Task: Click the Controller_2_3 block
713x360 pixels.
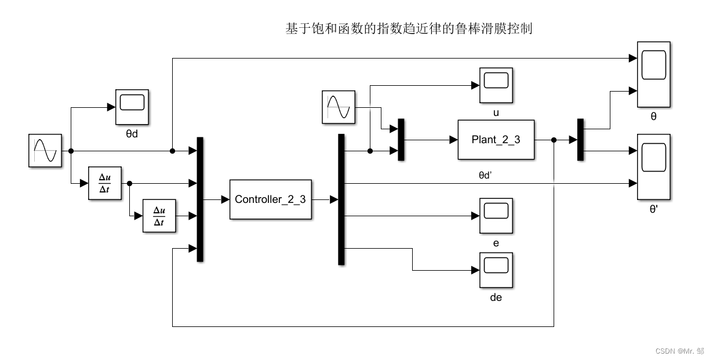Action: pos(270,199)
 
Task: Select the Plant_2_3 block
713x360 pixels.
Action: pos(496,140)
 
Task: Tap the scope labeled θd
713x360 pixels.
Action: pos(132,107)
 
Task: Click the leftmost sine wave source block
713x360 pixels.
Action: pos(45,151)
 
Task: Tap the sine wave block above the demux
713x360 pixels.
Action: pos(339,108)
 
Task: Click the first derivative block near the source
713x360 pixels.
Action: pos(105,183)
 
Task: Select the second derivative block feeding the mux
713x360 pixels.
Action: pos(159,216)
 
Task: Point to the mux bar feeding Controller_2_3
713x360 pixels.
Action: pos(201,199)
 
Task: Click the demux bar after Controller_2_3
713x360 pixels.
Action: pos(341,199)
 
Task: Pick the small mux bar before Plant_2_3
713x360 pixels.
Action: pos(401,140)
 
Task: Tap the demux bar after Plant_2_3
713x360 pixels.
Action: pos(580,140)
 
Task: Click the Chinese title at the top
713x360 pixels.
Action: pos(409,28)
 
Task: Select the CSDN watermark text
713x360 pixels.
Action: pos(679,351)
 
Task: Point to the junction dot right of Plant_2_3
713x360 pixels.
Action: pos(554,140)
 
